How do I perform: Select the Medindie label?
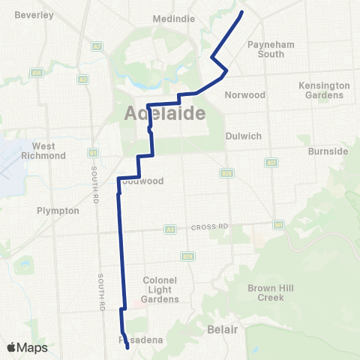(x=174, y=19)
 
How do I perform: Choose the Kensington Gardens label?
(x=324, y=90)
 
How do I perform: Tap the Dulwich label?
(x=243, y=136)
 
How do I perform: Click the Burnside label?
(x=328, y=151)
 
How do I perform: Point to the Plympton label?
(x=58, y=211)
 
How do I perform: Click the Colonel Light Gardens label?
(x=160, y=289)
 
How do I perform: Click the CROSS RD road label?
(x=203, y=227)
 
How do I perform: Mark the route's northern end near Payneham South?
(x=241, y=13)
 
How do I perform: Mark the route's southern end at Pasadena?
(x=127, y=347)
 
